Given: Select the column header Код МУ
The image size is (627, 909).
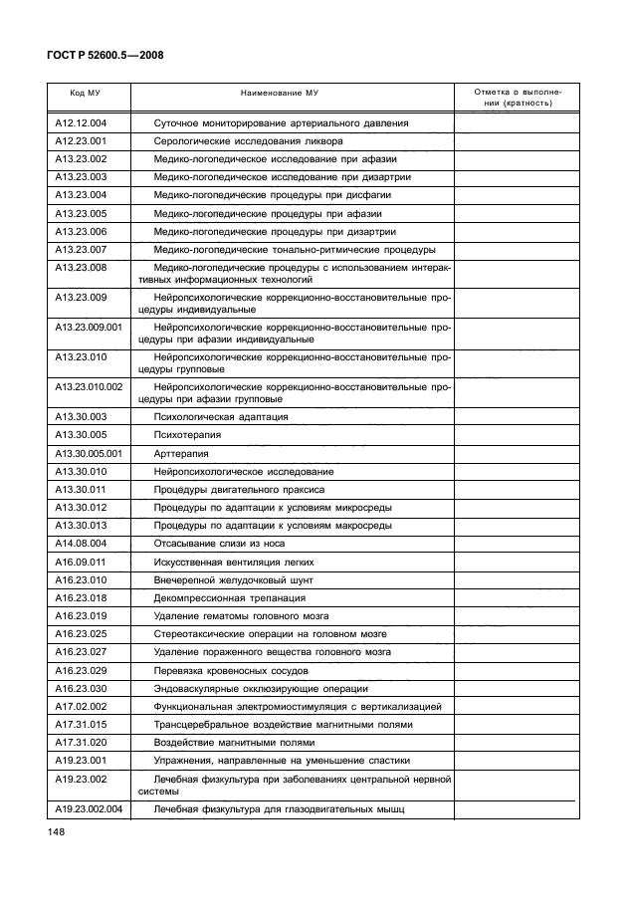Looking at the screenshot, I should [x=84, y=92].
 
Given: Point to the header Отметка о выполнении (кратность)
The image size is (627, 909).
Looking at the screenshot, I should [x=516, y=97].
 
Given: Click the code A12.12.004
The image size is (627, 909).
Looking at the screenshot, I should [x=81, y=122].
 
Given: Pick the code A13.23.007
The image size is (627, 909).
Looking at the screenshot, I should [x=81, y=249].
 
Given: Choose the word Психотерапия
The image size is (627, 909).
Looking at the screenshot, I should [x=188, y=434].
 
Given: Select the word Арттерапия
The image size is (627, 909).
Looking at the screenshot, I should [x=180, y=452].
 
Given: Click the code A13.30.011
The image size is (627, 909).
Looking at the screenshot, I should [x=81, y=489].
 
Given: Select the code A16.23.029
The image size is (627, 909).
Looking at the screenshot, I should [x=81, y=670].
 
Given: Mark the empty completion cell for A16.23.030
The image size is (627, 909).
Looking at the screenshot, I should [x=516, y=688].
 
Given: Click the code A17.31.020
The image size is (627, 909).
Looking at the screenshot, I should [x=81, y=742].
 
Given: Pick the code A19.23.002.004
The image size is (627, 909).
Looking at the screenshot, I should [x=89, y=808].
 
